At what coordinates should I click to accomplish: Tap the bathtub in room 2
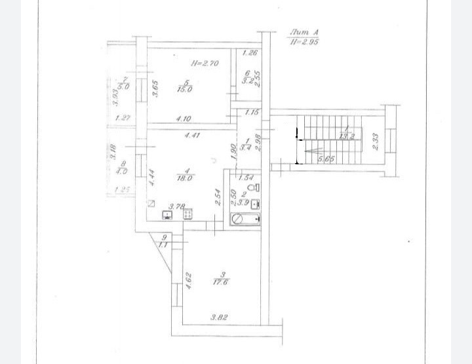pos(246,218)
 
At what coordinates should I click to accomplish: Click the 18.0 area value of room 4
pos(184,177)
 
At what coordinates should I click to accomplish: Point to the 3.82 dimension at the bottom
pos(219,318)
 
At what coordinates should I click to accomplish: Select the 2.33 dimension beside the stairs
pos(376,142)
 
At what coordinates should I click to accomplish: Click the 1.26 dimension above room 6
pos(250,54)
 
